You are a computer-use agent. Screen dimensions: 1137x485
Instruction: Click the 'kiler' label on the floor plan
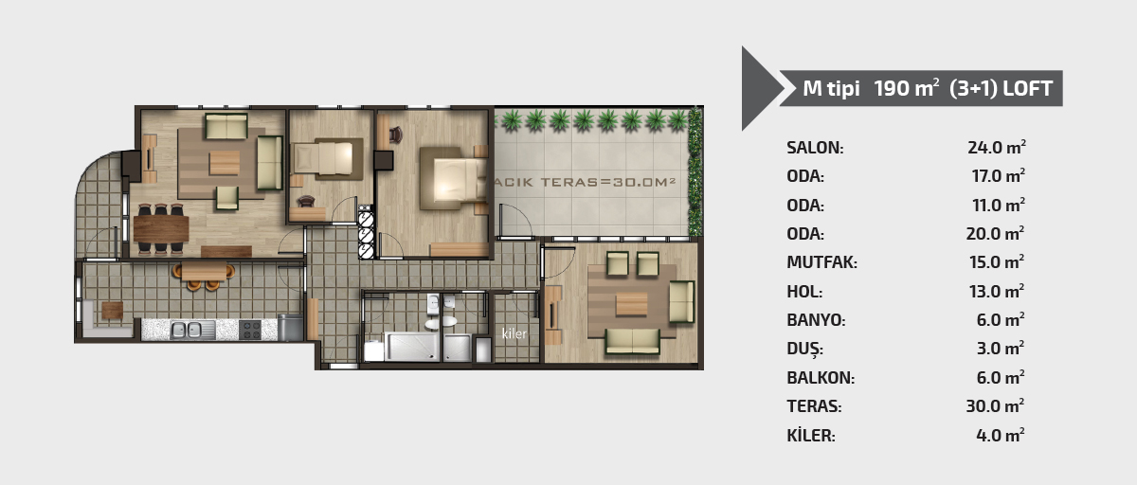point(514,333)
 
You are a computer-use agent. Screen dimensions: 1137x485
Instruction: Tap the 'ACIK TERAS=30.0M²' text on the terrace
point(585,182)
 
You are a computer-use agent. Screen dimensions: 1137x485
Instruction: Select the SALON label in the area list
point(815,148)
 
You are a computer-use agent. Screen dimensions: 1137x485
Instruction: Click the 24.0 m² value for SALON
point(997,147)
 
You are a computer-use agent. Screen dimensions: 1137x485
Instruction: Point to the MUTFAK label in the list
point(821,262)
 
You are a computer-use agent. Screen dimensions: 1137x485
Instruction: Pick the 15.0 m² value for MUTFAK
point(997,261)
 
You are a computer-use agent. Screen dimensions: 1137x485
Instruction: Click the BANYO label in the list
point(816,320)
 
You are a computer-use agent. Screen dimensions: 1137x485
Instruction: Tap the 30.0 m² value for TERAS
point(995,405)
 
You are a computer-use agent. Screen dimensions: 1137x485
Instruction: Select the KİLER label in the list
point(811,436)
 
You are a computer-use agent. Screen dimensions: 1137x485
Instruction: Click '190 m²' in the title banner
point(906,88)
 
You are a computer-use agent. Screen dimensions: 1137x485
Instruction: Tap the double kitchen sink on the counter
point(186,330)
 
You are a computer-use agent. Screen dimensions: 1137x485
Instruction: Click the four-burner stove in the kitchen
point(250,330)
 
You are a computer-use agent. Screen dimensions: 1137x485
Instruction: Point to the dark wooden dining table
point(161,229)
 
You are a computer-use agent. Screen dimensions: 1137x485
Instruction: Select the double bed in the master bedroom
point(453,179)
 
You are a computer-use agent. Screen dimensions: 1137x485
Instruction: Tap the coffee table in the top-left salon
point(225,163)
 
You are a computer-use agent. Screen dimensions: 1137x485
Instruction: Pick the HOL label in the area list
point(804,292)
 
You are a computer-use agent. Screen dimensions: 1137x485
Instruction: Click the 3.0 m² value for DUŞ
point(1000,348)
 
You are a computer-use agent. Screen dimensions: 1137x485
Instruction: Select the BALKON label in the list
point(821,378)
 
